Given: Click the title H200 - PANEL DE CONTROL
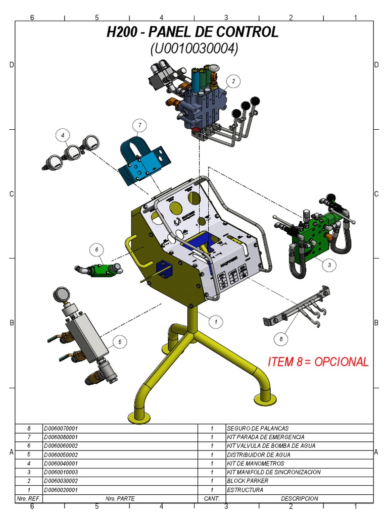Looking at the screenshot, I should pos(192,32).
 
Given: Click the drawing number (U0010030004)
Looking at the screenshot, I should pos(194,49).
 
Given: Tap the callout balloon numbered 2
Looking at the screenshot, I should pos(233,81).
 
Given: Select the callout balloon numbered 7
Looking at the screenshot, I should pos(139,125).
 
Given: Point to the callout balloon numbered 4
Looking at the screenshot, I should pos(63,135).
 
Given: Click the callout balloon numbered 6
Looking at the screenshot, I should pos(96,249).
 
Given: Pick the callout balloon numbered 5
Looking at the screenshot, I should pos(120,342).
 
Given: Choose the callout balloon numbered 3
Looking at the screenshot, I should pos(329,264).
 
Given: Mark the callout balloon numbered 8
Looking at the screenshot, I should pos(280,339).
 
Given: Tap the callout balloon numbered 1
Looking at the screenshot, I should pos(216,321).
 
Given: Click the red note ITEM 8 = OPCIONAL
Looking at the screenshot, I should pos(318,362).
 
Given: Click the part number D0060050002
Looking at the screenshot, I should pos(61,454).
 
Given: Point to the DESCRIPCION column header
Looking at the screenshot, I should pos(300,499).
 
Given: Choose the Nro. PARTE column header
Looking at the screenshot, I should pos(120,499).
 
